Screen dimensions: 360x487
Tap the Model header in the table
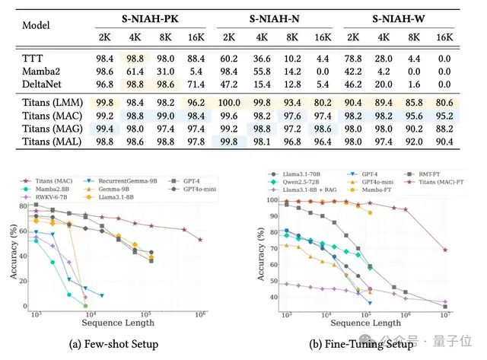coord(37,25)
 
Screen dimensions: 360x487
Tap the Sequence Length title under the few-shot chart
coord(114,323)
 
